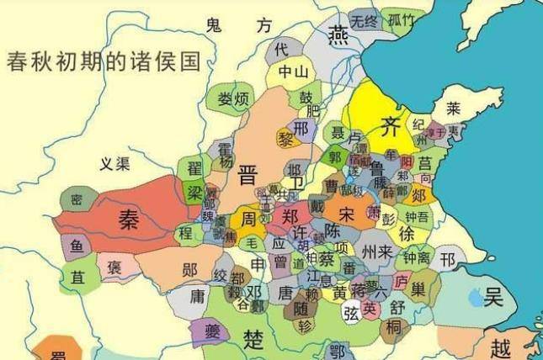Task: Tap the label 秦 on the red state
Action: point(129,220)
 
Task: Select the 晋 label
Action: point(248,174)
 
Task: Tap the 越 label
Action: point(502,347)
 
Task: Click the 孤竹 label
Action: point(398,19)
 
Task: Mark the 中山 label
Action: point(294,71)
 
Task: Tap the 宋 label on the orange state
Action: point(348,213)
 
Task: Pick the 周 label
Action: point(249,218)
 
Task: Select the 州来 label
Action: point(376,251)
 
